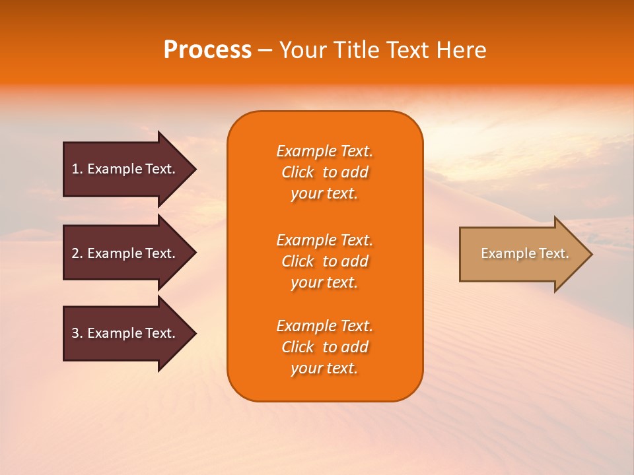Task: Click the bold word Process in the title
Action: click(x=207, y=50)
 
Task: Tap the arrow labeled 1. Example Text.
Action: click(x=125, y=169)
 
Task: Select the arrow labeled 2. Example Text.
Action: click(x=125, y=253)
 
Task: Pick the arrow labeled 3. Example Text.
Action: click(x=125, y=333)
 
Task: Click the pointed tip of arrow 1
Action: click(x=194, y=169)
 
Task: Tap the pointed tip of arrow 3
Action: click(x=194, y=333)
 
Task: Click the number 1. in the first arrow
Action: click(x=77, y=169)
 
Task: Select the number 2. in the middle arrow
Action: click(x=77, y=253)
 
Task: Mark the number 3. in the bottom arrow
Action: click(x=77, y=333)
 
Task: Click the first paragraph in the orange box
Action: click(x=324, y=172)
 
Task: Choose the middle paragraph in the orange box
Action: click(x=324, y=261)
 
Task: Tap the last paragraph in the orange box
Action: click(x=324, y=347)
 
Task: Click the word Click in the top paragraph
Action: click(x=298, y=172)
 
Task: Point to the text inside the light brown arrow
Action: click(x=524, y=253)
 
